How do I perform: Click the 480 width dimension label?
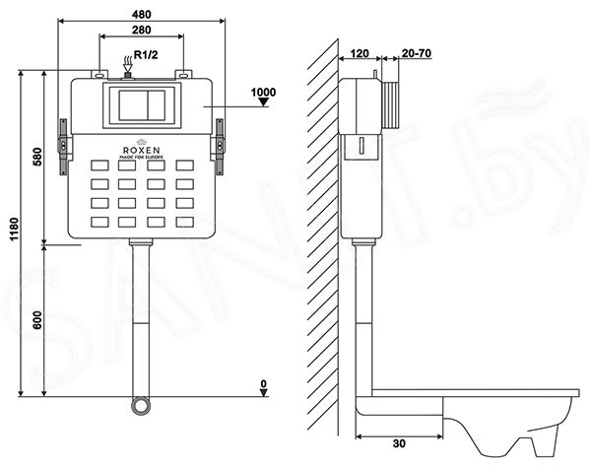click(141, 15)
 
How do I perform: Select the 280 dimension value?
click(141, 30)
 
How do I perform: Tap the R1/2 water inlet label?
click(146, 55)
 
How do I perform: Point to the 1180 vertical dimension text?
click(14, 230)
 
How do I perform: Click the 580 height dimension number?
click(37, 157)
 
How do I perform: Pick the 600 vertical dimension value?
click(37, 320)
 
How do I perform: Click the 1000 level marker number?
click(263, 92)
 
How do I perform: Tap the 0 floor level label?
click(264, 383)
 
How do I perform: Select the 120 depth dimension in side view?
click(360, 53)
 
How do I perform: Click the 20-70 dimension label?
click(417, 53)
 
